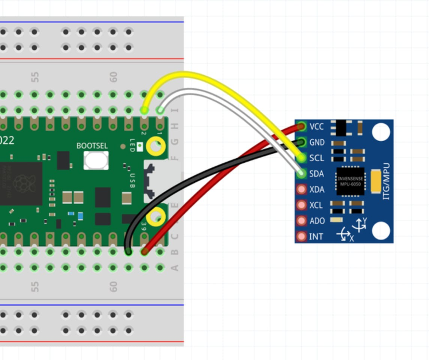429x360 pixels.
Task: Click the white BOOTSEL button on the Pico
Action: pos(96,160)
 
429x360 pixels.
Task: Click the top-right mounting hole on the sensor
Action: pos(380,132)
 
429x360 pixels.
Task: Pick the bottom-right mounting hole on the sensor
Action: pos(380,231)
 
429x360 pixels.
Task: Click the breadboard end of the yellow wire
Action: pos(144,109)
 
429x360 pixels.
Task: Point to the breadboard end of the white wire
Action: pos(160,109)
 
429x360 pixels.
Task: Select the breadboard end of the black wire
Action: pos(128,251)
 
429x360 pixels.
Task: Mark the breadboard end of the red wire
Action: pos(145,251)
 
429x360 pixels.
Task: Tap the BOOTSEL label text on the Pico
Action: pos(92,146)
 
